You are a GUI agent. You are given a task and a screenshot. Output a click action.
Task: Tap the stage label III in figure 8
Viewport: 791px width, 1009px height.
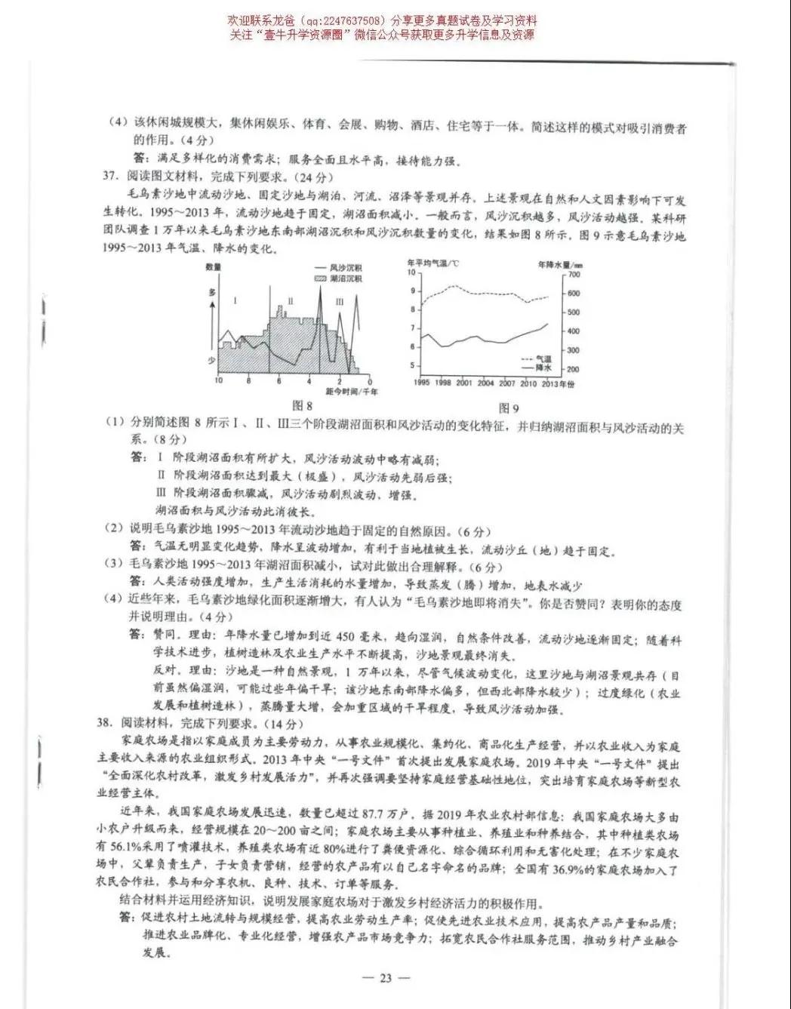(x=340, y=302)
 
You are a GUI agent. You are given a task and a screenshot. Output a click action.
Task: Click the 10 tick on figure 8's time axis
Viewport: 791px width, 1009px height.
(x=218, y=381)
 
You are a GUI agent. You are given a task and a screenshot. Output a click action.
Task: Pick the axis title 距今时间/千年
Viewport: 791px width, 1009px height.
(x=352, y=392)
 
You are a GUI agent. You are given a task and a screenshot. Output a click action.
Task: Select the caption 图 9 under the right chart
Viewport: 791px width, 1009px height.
(x=509, y=408)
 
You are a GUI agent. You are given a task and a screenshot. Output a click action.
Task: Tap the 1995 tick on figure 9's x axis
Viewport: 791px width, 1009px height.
(x=422, y=383)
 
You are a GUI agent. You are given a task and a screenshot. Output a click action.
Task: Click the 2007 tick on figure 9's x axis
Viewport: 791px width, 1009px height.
(x=507, y=383)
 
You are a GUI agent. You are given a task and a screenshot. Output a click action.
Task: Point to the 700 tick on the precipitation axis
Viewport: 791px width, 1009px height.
(x=574, y=275)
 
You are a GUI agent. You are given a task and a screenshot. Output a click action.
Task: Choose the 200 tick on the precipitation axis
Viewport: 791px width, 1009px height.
(x=573, y=369)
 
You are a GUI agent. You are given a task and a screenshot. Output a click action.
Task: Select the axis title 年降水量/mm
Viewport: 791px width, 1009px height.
(x=560, y=265)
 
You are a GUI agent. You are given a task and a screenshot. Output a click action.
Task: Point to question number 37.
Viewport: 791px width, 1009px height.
(x=112, y=177)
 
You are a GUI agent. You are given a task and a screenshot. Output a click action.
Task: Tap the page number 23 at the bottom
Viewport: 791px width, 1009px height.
(x=386, y=978)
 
